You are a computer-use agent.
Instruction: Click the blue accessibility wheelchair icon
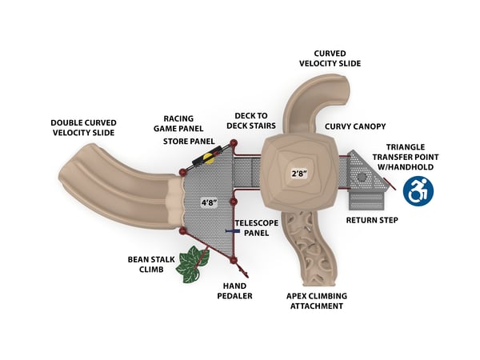417,192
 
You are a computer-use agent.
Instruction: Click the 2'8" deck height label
299,173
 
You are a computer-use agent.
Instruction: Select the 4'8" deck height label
210,203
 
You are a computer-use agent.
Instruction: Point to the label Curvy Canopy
355,126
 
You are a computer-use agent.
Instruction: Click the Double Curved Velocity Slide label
83,127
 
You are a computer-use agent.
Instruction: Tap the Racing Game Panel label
178,122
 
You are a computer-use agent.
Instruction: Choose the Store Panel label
189,142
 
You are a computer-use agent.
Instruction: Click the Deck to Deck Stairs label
255,121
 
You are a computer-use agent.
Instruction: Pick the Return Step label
372,219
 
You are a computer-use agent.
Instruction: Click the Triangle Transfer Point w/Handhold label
410,157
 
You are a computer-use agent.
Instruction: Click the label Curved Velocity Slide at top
330,58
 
